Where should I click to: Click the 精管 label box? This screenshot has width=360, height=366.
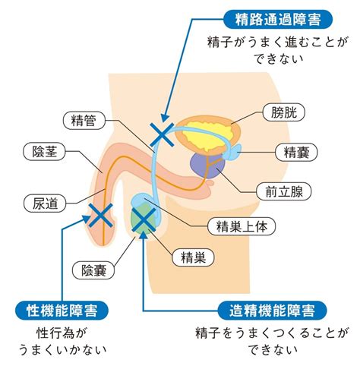[84, 120]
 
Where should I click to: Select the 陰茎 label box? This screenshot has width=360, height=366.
[44, 152]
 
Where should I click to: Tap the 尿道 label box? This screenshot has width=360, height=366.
[45, 204]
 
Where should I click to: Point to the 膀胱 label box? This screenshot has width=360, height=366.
[284, 112]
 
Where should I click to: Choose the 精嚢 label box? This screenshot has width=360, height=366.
[296, 153]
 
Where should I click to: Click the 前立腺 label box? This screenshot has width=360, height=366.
[283, 191]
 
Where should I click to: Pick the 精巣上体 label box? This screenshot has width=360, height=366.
[242, 226]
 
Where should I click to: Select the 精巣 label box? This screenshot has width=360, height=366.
[193, 257]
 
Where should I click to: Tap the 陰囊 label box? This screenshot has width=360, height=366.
[93, 270]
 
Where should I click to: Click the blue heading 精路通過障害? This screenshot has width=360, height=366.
[278, 19]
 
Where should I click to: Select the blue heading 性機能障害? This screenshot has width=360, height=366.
[62, 311]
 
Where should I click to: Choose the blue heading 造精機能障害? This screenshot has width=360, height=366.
[272, 311]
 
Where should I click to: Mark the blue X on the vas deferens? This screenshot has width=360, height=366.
[162, 135]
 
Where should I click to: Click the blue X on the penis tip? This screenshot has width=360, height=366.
[100, 215]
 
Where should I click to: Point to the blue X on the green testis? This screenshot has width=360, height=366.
[144, 219]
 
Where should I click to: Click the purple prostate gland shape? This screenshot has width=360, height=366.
[207, 165]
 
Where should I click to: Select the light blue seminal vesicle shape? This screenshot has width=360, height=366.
[232, 152]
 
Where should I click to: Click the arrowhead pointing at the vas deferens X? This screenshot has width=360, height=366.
[165, 118]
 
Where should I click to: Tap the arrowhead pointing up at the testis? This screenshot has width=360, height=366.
[144, 235]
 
